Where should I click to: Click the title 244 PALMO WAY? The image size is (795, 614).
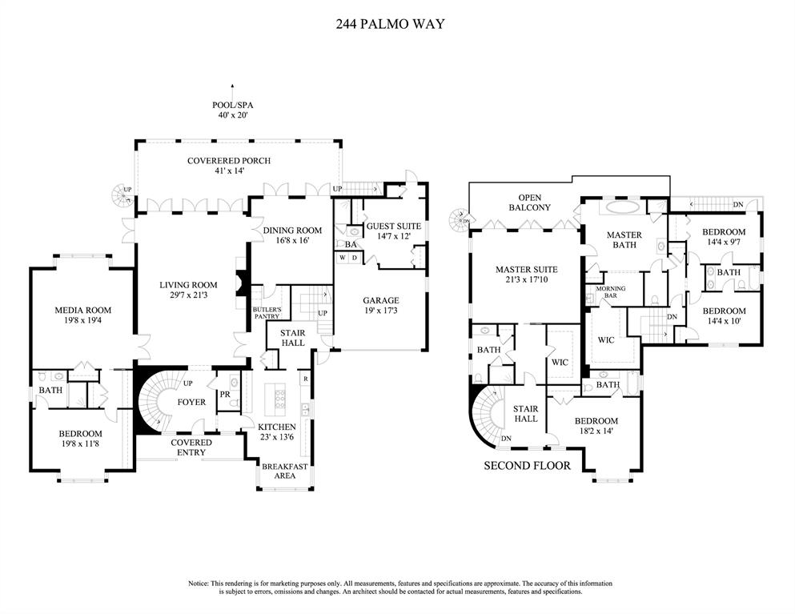[390, 24]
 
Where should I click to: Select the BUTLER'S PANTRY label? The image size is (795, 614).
[267, 313]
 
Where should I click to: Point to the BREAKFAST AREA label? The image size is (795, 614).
[285, 470]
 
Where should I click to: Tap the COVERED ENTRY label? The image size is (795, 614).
[191, 447]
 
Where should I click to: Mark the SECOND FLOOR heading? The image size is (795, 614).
[527, 465]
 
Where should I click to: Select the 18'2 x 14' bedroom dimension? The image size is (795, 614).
[596, 431]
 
